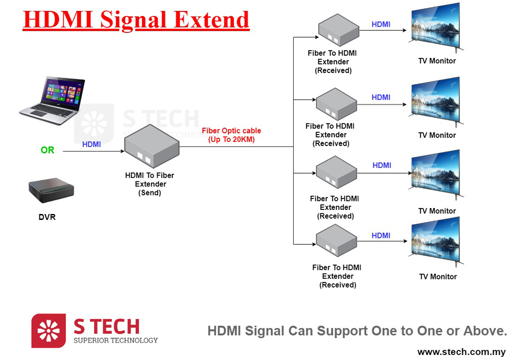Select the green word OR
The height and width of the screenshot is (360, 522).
(x=47, y=150)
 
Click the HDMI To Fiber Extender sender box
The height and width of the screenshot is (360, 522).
(x=151, y=146)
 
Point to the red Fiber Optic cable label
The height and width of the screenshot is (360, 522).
(x=231, y=135)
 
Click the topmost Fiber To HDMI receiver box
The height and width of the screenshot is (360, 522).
(x=339, y=30)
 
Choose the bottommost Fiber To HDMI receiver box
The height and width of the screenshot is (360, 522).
(x=336, y=243)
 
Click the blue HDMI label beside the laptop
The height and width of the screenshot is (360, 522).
(x=91, y=144)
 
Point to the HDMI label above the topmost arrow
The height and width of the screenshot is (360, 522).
(x=381, y=24)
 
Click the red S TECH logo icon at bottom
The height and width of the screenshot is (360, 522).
(x=48, y=331)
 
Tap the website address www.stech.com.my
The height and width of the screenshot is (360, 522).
(x=461, y=352)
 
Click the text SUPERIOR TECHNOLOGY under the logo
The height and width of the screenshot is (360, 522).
(x=115, y=340)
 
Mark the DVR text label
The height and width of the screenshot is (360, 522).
(x=47, y=217)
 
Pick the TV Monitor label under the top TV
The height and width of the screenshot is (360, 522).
(x=437, y=61)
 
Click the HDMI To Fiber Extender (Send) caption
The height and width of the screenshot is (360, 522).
(x=150, y=184)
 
